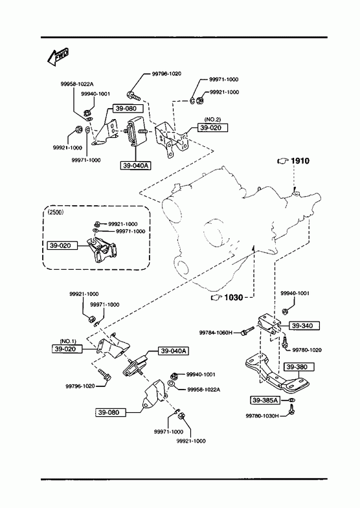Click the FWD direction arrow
click(58, 57)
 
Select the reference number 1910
click(300, 160)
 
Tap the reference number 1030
click(233, 297)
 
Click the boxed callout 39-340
click(302, 326)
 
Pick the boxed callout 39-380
click(295, 367)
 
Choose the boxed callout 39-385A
click(265, 401)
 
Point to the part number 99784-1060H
click(216, 333)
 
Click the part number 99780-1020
click(307, 350)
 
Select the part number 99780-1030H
click(262, 416)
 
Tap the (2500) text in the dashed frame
click(56, 212)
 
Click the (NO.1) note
click(68, 342)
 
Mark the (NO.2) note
click(212, 120)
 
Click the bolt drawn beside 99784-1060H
click(247, 331)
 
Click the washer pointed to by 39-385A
click(291, 401)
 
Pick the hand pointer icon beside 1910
click(283, 160)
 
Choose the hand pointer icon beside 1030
click(216, 297)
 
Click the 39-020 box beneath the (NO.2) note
click(210, 127)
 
